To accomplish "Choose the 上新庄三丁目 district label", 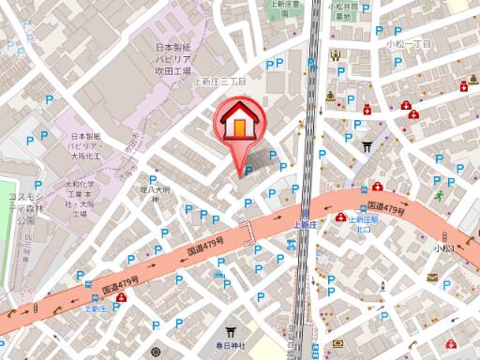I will (x=219, y=82).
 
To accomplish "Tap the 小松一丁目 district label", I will (x=408, y=44).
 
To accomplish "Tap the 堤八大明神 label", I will (x=152, y=193).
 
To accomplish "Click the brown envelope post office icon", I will (x=432, y=277).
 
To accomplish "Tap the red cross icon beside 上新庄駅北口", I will (x=377, y=187).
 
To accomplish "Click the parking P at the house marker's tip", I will (x=247, y=170).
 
